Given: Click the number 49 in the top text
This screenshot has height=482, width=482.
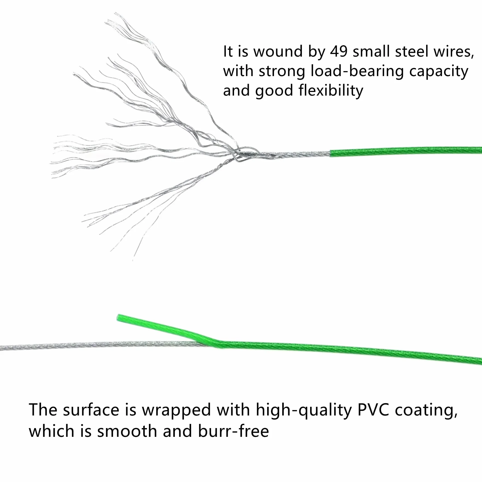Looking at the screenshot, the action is [339, 52].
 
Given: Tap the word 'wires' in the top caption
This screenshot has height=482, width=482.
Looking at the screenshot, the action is [453, 52].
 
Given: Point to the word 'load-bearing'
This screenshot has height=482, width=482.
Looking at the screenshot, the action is [357, 72].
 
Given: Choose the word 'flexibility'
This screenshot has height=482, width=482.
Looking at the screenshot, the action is [331, 91].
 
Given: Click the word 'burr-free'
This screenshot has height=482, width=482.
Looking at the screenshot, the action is [233, 432].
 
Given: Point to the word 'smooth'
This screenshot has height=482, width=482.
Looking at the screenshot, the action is [127, 432].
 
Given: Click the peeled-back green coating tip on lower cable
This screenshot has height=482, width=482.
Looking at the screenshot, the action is [119, 318].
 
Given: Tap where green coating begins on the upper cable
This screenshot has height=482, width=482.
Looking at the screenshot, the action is [331, 153].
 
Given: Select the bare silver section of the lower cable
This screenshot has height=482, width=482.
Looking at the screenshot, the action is [101, 346].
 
